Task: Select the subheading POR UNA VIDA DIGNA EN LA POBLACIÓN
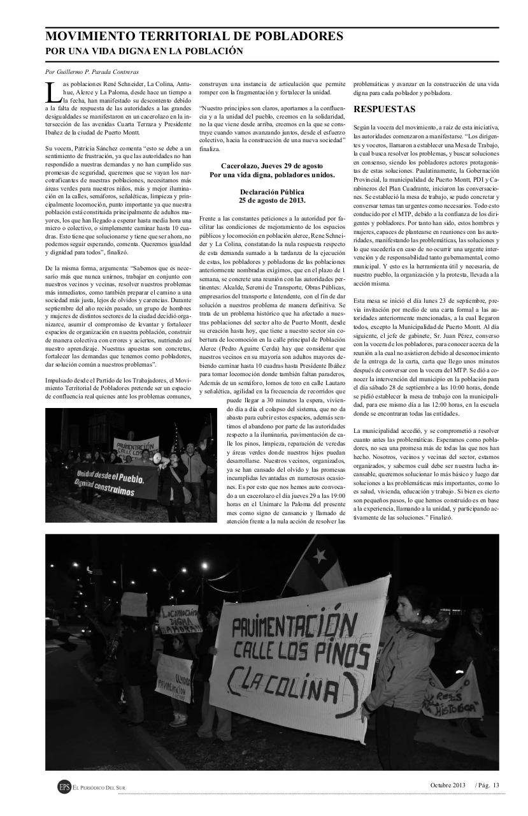tap(145, 51)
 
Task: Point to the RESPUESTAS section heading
tap(384, 109)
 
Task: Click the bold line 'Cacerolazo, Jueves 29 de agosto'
tap(272, 166)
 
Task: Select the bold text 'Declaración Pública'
tap(272, 192)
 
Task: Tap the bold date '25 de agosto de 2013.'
tap(272, 200)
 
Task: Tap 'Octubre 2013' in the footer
tap(448, 784)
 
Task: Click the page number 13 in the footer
tap(496, 784)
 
